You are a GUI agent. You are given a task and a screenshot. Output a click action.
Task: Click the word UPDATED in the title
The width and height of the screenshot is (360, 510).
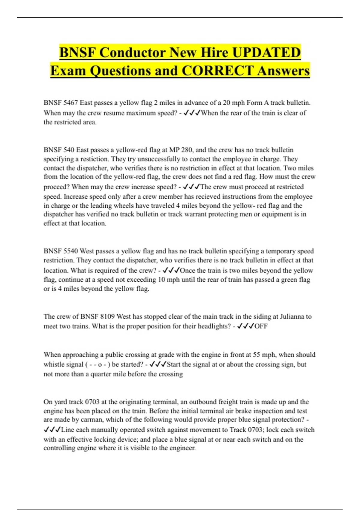tap(266, 53)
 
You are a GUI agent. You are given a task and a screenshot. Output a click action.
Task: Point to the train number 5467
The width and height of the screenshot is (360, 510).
tap(70, 103)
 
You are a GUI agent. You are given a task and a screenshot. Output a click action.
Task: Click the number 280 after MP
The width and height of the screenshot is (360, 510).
tap(188, 150)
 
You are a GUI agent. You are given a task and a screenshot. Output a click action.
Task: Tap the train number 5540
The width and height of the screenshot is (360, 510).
tap(70, 251)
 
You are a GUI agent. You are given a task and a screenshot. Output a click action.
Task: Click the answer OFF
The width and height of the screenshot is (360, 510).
tap(261, 326)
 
